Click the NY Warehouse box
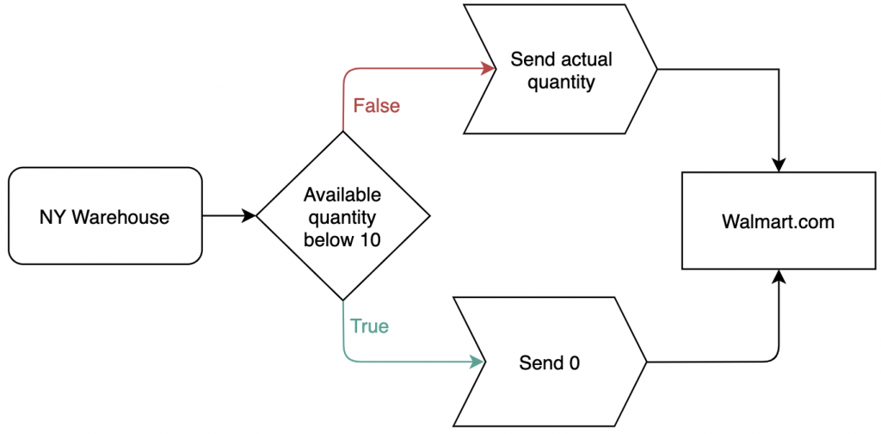105,216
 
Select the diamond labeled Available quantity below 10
342,216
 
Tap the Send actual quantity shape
560,69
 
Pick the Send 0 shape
550,363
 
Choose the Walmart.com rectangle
778,221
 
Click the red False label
377,106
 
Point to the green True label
369,326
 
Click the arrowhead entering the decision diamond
250,216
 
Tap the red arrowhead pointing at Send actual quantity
490,69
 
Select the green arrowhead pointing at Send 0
477,363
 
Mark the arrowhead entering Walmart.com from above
778,166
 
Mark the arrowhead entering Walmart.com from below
778,276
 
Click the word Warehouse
120,217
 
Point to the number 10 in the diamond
368,240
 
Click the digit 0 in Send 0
574,363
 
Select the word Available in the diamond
342,195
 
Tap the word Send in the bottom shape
540,363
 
